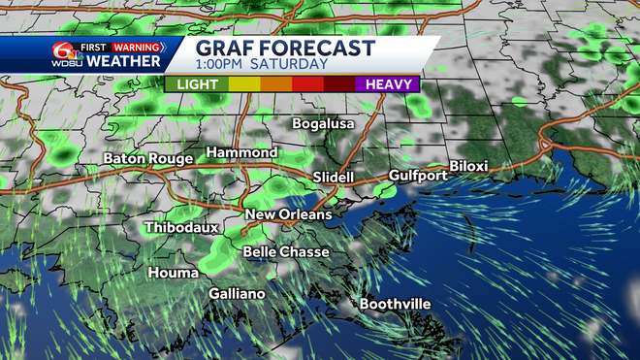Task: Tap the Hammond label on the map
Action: [241, 153]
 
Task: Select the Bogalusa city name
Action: [324, 124]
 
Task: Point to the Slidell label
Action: [335, 178]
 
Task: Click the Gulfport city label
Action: [418, 176]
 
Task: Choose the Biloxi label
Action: [468, 167]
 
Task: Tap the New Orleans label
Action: [289, 214]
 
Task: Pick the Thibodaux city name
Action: [181, 228]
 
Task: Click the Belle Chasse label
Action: [286, 251]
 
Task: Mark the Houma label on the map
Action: [173, 273]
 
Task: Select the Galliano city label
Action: [238, 293]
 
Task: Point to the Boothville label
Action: [395, 304]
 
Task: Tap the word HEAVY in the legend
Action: [387, 83]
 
